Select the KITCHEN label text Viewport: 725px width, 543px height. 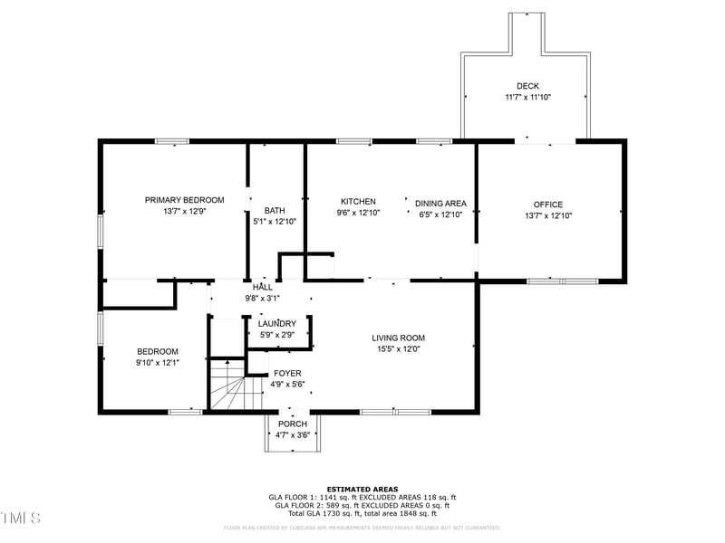pos(358,201)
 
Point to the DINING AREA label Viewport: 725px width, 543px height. pos(440,203)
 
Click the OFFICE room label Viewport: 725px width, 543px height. pos(548,205)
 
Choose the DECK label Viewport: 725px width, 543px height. pos(527,86)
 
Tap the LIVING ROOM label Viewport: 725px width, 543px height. pos(398,338)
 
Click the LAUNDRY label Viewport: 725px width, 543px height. pos(276,324)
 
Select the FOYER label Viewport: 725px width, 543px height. pos(287,373)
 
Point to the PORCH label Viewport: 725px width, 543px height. pos(292,424)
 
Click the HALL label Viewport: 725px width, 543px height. pos(262,287)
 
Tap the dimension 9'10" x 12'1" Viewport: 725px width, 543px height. pos(158,363)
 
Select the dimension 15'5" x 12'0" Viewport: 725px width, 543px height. pos(398,348)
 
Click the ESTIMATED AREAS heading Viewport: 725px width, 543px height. pos(362,489)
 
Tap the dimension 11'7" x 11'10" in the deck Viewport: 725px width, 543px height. pos(527,97)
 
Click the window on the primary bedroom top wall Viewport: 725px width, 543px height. pos(171,141)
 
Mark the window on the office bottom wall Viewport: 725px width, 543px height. pos(562,281)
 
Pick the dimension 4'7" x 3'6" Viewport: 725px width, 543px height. pos(292,434)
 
